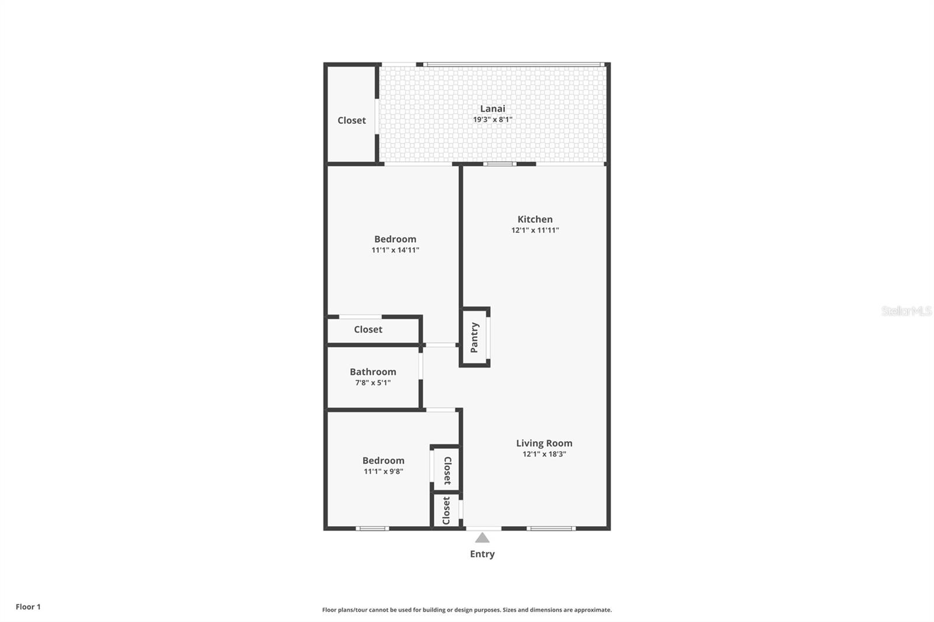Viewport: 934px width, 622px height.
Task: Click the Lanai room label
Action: [492, 109]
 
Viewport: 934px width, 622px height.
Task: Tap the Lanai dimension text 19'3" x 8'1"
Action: [492, 120]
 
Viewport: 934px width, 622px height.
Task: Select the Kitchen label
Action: [535, 219]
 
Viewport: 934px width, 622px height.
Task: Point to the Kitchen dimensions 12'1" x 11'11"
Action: [535, 230]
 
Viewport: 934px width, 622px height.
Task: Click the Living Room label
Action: [543, 443]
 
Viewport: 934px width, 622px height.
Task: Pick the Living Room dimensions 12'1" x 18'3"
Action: [543, 454]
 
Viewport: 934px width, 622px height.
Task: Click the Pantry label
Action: [474, 337]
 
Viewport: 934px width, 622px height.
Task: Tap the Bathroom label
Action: [372, 372]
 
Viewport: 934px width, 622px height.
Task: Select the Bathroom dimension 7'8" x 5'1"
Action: [372, 383]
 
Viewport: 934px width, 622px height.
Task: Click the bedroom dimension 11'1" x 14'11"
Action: [395, 250]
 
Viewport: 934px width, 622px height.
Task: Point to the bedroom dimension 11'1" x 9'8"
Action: [383, 471]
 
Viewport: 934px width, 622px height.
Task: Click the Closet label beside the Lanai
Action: [351, 120]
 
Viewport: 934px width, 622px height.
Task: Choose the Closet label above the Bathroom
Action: [368, 330]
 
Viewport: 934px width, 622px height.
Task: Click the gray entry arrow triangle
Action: [482, 538]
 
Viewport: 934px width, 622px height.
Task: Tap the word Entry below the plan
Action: [482, 554]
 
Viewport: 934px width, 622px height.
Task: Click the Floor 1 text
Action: [28, 607]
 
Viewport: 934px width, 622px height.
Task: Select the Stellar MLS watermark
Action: [906, 311]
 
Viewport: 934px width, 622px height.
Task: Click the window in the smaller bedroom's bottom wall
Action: [372, 529]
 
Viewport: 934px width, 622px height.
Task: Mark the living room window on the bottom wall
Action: [550, 529]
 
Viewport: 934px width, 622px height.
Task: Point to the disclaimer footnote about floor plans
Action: [467, 610]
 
